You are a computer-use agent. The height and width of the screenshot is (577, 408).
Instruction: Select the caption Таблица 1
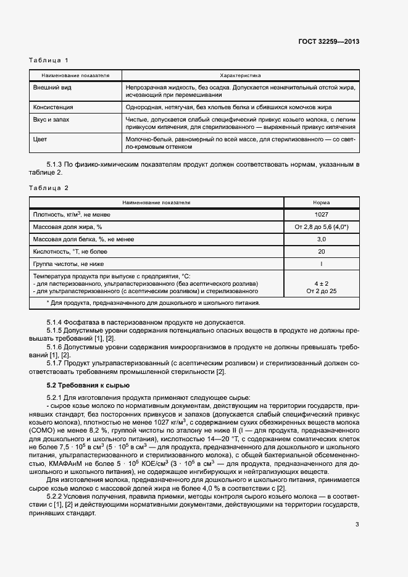49,60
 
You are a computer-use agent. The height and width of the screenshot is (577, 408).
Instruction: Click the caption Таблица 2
49,187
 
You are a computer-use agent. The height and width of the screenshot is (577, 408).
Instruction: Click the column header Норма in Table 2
321,202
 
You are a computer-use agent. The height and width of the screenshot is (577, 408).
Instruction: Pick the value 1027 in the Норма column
321,214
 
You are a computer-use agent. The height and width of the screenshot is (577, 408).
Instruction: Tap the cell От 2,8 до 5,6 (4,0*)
321,227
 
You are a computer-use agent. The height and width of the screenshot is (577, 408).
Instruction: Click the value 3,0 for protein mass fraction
321,239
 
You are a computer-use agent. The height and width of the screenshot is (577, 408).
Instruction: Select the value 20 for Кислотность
321,251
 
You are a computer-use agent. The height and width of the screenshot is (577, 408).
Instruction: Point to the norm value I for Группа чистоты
321,264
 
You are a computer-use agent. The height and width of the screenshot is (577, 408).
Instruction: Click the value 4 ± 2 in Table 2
321,283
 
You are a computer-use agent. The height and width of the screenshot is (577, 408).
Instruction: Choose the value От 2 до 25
321,290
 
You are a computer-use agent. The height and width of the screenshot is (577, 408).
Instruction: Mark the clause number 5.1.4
55,322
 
